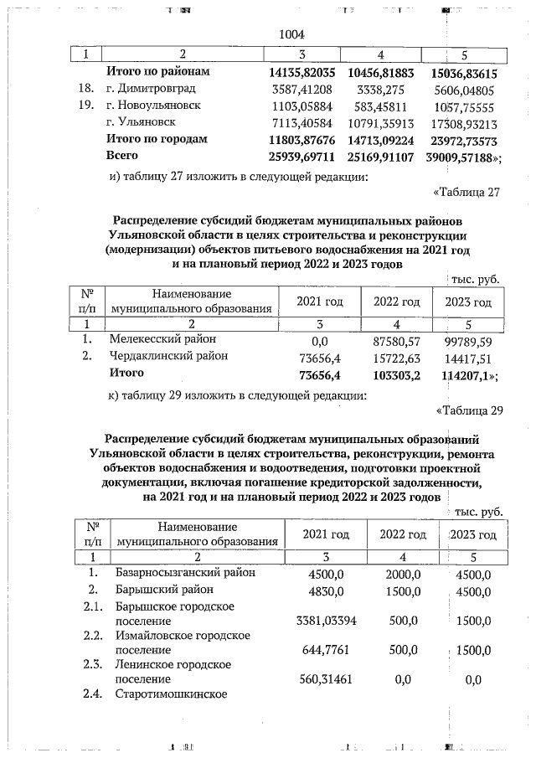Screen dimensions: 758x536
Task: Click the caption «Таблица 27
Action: coord(467,193)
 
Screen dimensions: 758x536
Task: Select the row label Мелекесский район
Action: coord(162,340)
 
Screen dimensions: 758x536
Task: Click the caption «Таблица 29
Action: coord(468,410)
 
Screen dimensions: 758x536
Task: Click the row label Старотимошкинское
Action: coord(171,694)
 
